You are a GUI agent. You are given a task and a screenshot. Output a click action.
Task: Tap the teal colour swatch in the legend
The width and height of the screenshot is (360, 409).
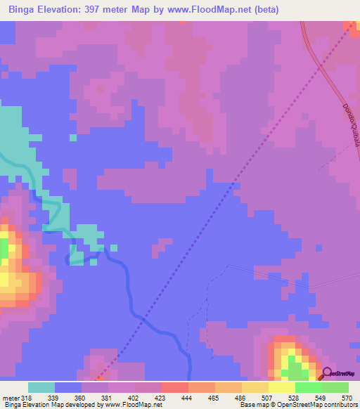(41, 387)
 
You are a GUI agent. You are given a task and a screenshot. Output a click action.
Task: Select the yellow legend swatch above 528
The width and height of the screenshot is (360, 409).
(282, 387)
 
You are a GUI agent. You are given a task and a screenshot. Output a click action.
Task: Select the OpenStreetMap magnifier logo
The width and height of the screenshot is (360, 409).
(328, 375)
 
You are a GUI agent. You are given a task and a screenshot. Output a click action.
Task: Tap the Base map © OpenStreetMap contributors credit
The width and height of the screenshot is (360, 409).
(298, 405)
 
